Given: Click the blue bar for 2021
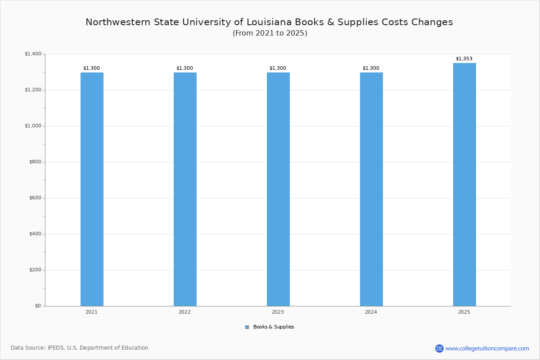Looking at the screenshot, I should click(x=92, y=189).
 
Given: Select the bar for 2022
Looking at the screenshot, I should click(x=185, y=189).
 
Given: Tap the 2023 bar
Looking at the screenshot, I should click(x=278, y=189).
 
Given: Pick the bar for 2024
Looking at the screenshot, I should click(x=371, y=189).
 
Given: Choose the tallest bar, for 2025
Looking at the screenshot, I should click(x=464, y=184).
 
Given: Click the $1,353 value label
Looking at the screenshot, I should click(x=464, y=59).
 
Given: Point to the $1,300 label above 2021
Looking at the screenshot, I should click(x=91, y=68).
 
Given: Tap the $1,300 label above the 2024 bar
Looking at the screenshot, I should click(x=371, y=68).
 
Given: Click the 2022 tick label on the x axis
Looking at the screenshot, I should click(x=184, y=312).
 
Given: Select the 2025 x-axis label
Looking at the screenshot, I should click(x=464, y=312).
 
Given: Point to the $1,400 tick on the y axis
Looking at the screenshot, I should click(x=33, y=54).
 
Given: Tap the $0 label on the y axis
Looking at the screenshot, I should click(x=38, y=306).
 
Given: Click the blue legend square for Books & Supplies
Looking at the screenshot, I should click(x=247, y=327).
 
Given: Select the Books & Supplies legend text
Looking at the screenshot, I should click(x=274, y=327).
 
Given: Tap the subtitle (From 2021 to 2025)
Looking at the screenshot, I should click(x=270, y=33).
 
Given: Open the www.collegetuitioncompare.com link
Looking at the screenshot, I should click(x=487, y=348).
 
